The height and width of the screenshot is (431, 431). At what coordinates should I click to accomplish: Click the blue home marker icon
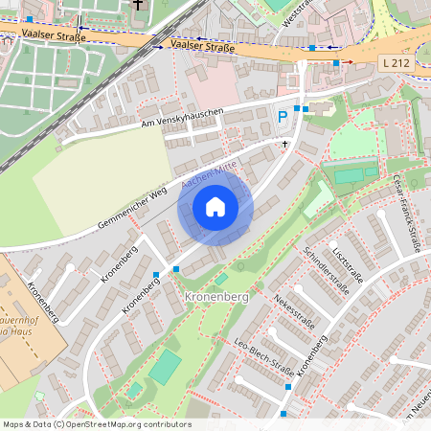tap(215, 207)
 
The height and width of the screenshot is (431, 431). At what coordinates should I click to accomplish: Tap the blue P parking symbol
tap(283, 117)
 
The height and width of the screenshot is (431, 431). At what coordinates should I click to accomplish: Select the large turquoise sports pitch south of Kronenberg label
tap(165, 367)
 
